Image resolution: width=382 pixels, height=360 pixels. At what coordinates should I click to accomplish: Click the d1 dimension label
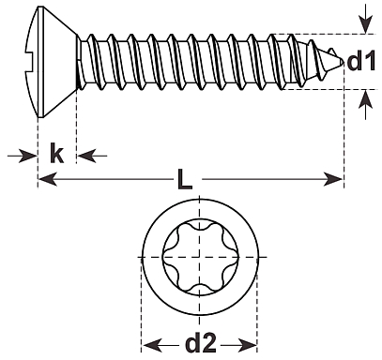coord(361,62)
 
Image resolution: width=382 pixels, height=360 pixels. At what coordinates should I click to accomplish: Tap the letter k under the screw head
coord(56,153)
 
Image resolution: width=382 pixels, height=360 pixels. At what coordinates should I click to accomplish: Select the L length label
coord(185,179)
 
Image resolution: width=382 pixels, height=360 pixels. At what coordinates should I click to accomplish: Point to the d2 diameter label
coord(201,343)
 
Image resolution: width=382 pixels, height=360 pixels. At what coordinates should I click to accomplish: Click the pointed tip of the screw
coord(344,62)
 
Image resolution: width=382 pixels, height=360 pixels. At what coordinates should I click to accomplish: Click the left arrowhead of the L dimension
coord(47,179)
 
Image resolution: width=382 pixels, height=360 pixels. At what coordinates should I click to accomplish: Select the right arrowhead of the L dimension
coord(333,179)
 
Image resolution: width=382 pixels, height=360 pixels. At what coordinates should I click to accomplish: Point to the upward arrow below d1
coord(365,105)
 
